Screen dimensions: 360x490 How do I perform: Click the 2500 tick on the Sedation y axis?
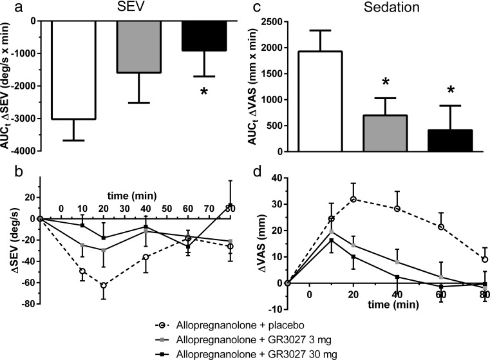click(x=273, y=21)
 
